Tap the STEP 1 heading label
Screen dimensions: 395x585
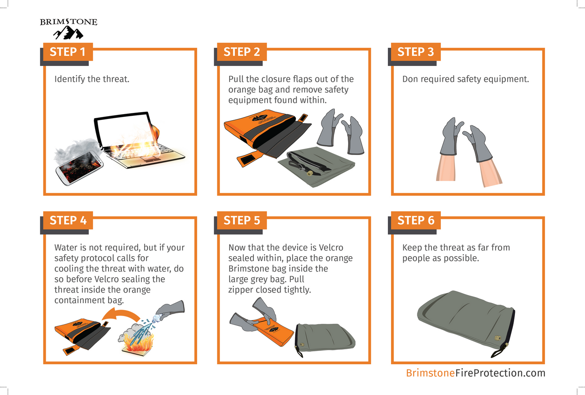click(68, 52)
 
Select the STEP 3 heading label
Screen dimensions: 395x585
click(415, 52)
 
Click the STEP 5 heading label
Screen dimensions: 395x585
click(242, 220)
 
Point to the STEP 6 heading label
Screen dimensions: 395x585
click(415, 220)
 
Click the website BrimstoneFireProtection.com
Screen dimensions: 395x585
click(475, 373)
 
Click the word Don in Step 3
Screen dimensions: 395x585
click(410, 79)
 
